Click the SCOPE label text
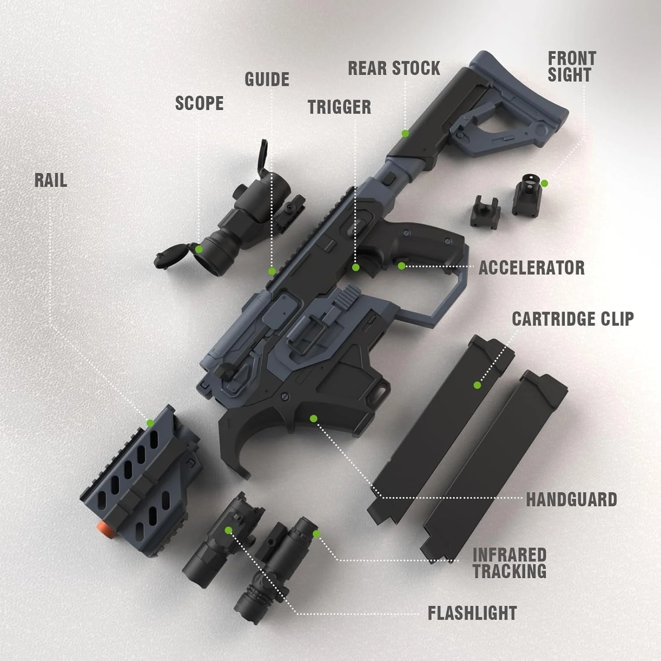(199, 104)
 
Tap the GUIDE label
(267, 79)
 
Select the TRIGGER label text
(339, 107)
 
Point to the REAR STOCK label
(394, 68)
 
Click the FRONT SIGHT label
(572, 67)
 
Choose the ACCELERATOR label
(532, 268)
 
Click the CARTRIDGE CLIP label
(573, 319)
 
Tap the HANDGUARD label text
(572, 500)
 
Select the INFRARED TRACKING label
(509, 563)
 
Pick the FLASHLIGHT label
(472, 613)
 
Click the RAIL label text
(51, 180)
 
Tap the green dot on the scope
(199, 249)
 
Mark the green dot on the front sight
(544, 183)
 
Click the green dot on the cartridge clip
(477, 385)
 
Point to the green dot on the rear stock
(405, 133)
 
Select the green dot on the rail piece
(150, 423)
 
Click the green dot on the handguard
(313, 418)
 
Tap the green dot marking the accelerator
(401, 266)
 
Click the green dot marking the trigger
(356, 267)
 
